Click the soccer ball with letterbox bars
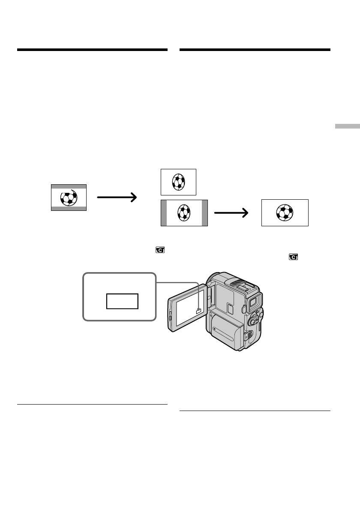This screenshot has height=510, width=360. [x=69, y=198]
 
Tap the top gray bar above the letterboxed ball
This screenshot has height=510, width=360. [x=69, y=187]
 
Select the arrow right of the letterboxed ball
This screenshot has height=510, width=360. [x=117, y=197]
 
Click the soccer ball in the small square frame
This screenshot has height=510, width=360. [x=178, y=182]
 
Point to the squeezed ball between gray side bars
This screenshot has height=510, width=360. [x=184, y=213]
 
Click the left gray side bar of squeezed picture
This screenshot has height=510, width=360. [x=164, y=213]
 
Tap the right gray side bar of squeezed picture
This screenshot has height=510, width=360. [x=204, y=213]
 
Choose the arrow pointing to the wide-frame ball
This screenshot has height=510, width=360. [x=232, y=213]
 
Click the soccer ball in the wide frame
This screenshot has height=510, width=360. [x=285, y=213]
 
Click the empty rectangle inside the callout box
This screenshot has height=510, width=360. [x=123, y=301]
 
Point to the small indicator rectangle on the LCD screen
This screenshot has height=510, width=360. [x=198, y=312]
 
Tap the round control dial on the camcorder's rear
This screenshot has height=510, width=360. [x=254, y=321]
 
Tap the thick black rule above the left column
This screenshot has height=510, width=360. [x=92, y=50]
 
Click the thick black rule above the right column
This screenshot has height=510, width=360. [x=255, y=50]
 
